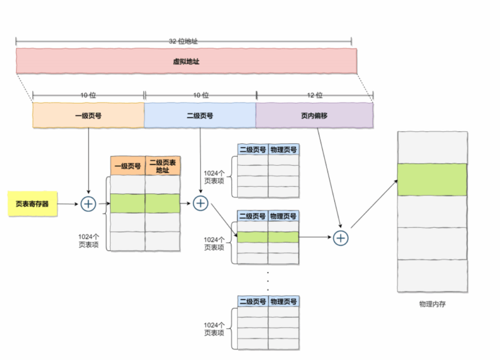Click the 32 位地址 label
tap(183, 41)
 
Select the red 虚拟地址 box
tap(186, 62)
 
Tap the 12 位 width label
tap(315, 95)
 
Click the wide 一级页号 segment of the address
tap(88, 116)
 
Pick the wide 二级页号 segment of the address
tap(200, 116)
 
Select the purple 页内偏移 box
tap(314, 116)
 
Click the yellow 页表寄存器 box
tap(32, 204)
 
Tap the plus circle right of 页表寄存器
tap(88, 204)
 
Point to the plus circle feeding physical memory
tap(340, 238)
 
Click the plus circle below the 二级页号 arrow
tap(201, 203)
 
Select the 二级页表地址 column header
tap(163, 166)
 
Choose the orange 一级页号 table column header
tap(127, 166)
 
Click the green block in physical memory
tap(432, 180)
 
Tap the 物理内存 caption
tap(432, 304)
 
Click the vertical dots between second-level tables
tap(268, 281)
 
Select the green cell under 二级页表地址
tap(163, 203)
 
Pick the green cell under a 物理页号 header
tap(283, 237)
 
